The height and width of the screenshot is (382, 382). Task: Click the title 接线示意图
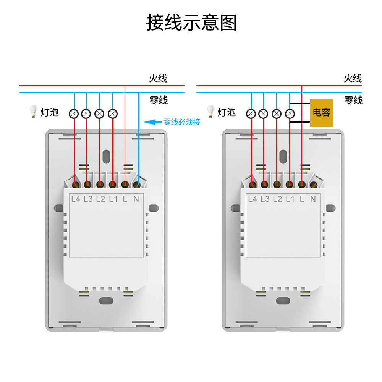191,23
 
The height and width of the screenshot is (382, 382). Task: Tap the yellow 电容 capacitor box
321,113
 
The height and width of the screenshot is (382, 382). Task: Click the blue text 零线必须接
182,122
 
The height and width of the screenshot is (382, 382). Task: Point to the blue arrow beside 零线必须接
152,122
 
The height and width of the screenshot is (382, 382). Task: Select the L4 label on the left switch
76,199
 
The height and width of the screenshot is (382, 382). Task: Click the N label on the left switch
136,199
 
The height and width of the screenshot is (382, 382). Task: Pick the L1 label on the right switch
290,199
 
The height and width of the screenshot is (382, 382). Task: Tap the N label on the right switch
313,199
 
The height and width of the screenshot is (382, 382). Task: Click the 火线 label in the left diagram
158,79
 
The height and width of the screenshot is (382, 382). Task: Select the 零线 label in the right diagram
353,100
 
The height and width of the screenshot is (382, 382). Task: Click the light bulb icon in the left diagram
33,112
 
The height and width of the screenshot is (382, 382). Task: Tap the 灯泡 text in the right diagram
227,112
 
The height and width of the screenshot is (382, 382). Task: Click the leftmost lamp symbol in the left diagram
74,113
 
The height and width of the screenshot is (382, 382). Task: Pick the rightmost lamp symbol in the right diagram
290,113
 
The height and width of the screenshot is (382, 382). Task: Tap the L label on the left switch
125,199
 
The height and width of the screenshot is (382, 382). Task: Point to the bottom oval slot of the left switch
107,300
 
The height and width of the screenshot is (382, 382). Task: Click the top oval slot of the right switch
283,155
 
